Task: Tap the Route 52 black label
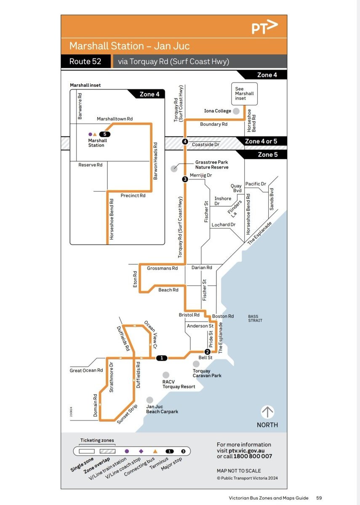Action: [85, 61]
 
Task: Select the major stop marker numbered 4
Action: [185, 141]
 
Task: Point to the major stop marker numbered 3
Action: [185, 180]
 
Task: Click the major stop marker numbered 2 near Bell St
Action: [207, 352]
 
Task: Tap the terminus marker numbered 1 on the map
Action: [162, 358]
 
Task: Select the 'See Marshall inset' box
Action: [244, 94]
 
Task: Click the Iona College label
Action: [218, 111]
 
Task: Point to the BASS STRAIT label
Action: [255, 318]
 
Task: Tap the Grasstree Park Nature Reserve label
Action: [212, 165]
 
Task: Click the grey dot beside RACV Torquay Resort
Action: [166, 375]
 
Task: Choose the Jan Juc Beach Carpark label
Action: [162, 409]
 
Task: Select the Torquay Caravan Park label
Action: [207, 373]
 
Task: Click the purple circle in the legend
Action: [127, 451]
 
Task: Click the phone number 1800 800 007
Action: [251, 456]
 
